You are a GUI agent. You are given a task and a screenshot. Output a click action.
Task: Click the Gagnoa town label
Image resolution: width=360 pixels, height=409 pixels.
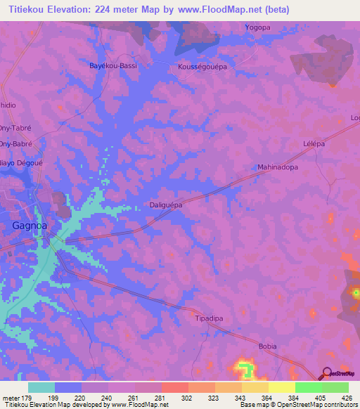(x=29, y=226)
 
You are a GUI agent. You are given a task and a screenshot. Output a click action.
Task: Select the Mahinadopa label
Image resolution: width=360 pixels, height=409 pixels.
(x=278, y=168)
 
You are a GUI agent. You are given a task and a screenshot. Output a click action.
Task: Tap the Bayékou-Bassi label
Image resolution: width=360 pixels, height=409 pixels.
(x=112, y=65)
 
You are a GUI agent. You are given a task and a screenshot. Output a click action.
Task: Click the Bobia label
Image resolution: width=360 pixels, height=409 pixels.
(x=268, y=346)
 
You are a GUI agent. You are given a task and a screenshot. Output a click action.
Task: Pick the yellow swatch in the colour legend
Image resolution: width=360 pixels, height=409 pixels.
(x=281, y=387)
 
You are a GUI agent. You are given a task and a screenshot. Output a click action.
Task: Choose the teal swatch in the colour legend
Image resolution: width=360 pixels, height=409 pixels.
(x=41, y=387)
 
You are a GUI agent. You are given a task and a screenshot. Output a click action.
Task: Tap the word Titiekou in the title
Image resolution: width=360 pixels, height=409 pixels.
(x=29, y=10)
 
